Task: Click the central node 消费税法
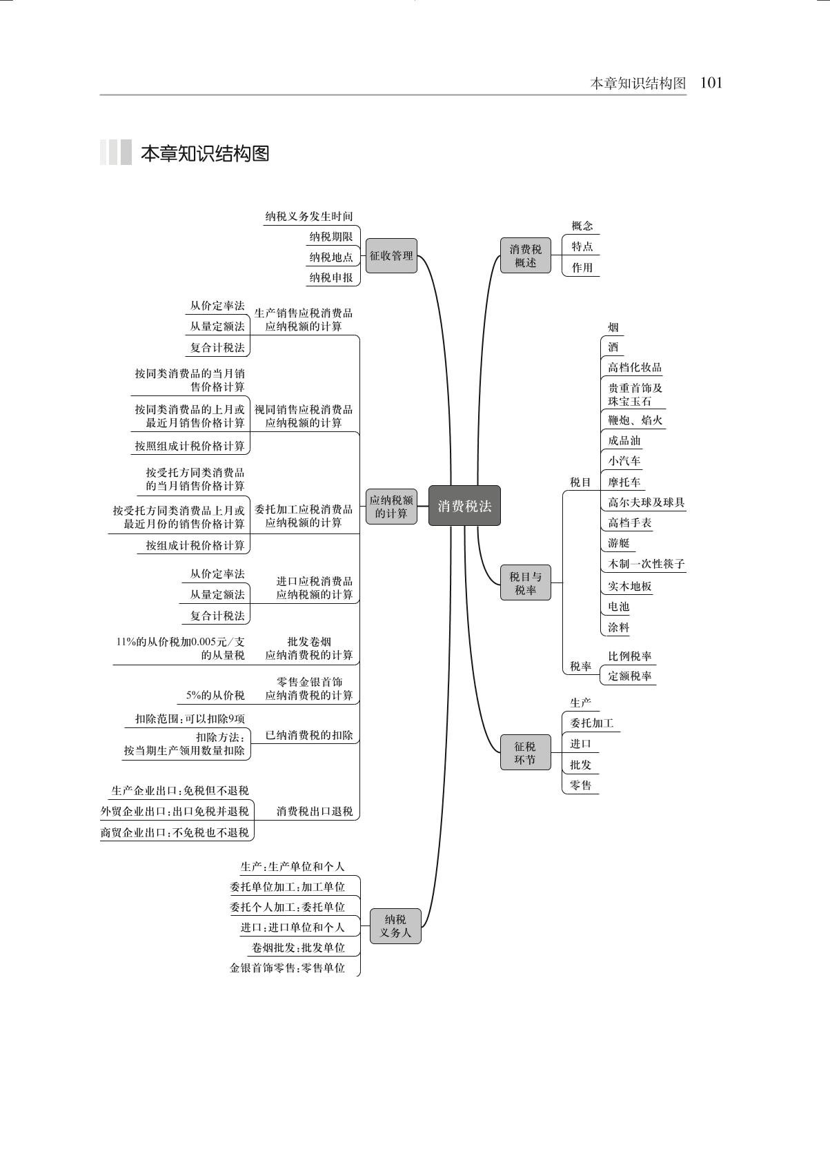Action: pyautogui.click(x=464, y=506)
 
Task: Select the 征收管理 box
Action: pyautogui.click(x=391, y=255)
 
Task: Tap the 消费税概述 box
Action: pyautogui.click(x=526, y=255)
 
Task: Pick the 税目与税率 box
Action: pyautogui.click(x=526, y=582)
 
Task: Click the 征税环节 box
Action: pyautogui.click(x=526, y=753)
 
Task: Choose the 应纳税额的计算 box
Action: pyautogui.click(x=391, y=507)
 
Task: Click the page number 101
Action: pyautogui.click(x=711, y=83)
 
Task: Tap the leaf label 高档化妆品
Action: pyautogui.click(x=635, y=367)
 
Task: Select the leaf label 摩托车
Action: pyautogui.click(x=624, y=482)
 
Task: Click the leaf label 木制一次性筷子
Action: pyautogui.click(x=646, y=564)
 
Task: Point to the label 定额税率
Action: pyautogui.click(x=629, y=676)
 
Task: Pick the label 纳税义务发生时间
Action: pyautogui.click(x=309, y=216)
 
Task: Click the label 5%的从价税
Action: pyautogui.click(x=216, y=695)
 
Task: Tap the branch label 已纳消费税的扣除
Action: pyautogui.click(x=309, y=735)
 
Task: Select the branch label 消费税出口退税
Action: pyautogui.click(x=315, y=811)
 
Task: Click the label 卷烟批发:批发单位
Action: pyautogui.click(x=298, y=947)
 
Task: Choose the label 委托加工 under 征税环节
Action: pyautogui.click(x=591, y=723)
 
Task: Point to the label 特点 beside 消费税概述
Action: pyautogui.click(x=582, y=246)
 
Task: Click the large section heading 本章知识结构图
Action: pyautogui.click(x=205, y=153)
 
